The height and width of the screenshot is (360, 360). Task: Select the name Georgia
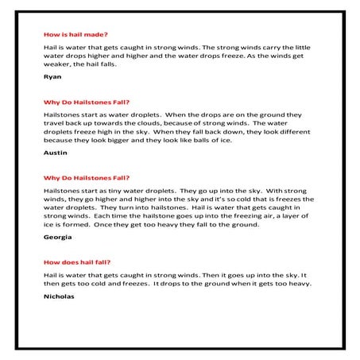(57, 237)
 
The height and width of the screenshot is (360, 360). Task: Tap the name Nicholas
(60, 296)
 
